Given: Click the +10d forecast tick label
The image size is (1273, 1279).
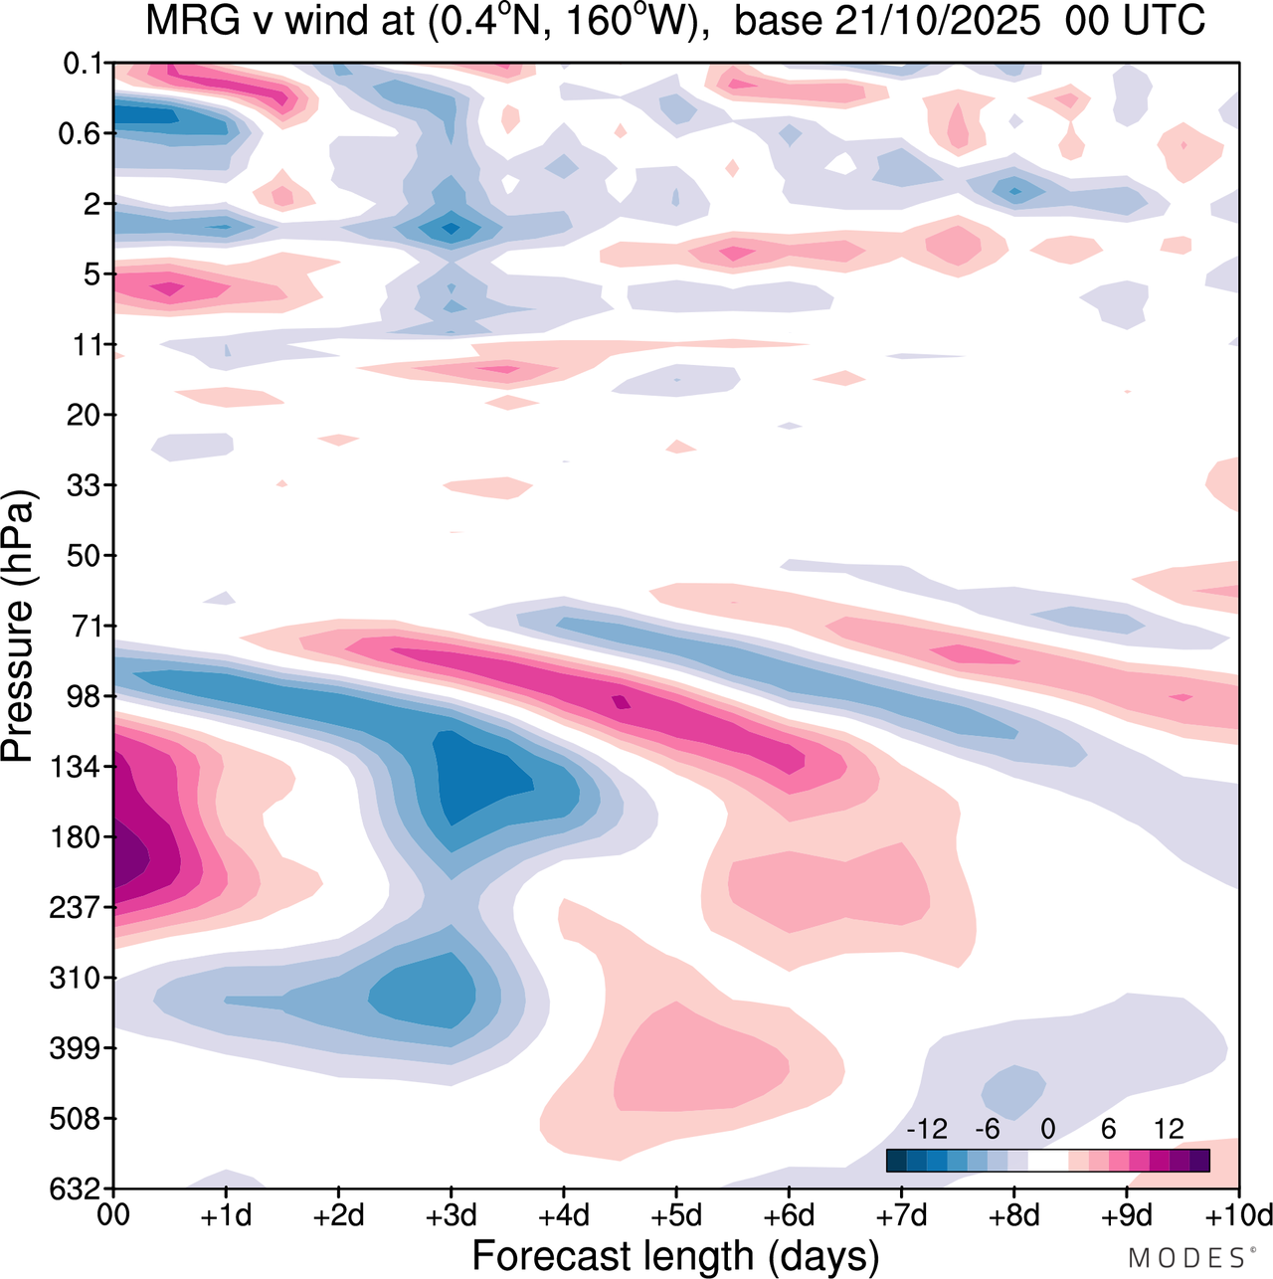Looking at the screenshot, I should [x=1237, y=1215].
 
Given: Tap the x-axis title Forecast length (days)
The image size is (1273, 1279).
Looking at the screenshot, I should [x=675, y=1255].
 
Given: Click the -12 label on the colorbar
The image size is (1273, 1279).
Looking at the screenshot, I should [x=927, y=1129].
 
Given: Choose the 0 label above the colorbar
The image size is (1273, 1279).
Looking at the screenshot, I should [x=1047, y=1129].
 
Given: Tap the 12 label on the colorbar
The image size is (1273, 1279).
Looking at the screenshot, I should [x=1169, y=1129].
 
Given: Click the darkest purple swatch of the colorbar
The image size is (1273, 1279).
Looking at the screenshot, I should [x=1199, y=1160].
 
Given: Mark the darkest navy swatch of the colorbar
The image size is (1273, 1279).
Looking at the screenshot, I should [x=896, y=1160].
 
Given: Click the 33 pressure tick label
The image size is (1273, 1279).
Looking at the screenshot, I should [x=85, y=486].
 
